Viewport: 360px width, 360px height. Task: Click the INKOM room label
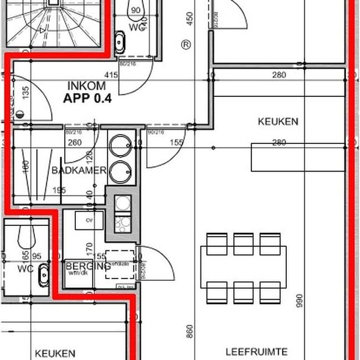point(86,86)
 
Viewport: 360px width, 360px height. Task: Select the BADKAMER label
point(78,171)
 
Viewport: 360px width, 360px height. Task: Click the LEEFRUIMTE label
point(256,352)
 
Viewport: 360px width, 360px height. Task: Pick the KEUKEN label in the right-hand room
point(278,121)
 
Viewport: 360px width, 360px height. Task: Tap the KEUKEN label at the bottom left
point(54,353)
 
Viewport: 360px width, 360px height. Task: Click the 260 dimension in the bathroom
point(74,143)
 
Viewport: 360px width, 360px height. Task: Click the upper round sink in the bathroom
point(119,147)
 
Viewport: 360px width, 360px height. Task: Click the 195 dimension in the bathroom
point(59,191)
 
